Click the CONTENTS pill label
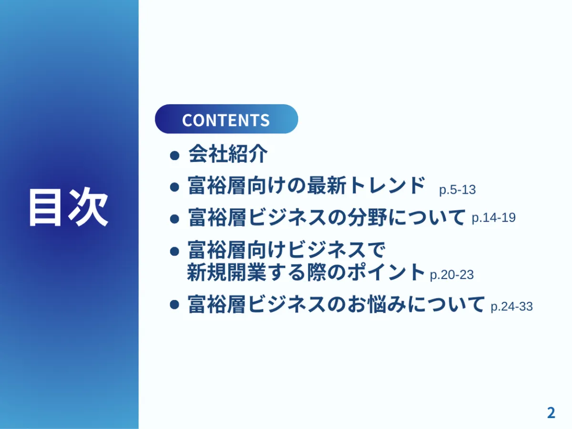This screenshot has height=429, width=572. click(226, 120)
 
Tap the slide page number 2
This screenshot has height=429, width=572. click(551, 413)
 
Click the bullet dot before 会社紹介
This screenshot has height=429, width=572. click(175, 155)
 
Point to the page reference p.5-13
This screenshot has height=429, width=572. click(457, 190)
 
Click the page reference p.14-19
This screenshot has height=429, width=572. click(493, 218)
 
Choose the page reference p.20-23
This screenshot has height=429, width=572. click(451, 275)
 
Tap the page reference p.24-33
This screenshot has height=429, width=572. click(511, 306)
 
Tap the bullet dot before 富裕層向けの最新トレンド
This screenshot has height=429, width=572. click(175, 187)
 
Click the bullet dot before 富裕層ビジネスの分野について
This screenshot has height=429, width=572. click(175, 219)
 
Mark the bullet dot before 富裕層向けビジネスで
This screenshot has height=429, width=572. click(175, 250)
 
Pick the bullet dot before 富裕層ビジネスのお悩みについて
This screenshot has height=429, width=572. click(175, 305)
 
